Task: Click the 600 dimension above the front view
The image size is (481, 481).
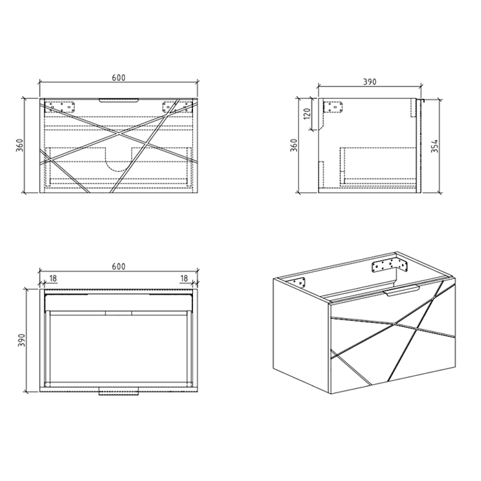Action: [118, 78]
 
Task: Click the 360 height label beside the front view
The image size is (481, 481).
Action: [19, 145]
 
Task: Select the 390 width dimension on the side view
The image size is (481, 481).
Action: [370, 82]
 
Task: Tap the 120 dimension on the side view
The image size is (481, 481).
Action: [307, 113]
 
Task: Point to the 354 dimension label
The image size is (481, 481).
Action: [434, 146]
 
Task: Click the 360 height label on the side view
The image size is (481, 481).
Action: [294, 145]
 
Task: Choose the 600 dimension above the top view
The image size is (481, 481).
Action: [118, 267]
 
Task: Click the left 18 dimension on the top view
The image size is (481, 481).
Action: [53, 278]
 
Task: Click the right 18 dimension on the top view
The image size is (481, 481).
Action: [183, 278]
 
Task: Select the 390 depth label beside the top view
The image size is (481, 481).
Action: [21, 341]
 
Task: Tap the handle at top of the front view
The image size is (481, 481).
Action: [119, 100]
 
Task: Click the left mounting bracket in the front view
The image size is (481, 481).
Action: [60, 107]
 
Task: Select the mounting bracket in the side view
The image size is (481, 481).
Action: [333, 107]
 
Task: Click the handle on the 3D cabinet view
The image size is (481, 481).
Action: [402, 290]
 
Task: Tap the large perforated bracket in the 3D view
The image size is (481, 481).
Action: [389, 266]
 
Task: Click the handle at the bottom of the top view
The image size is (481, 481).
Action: [119, 391]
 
